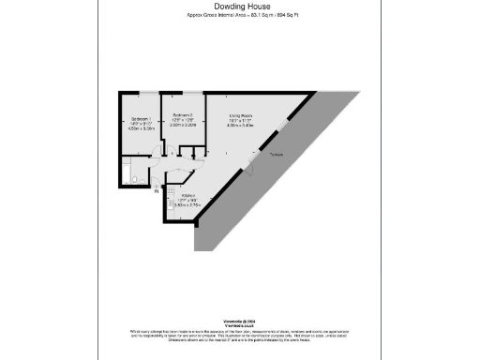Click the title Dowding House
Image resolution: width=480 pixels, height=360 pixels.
[239, 7]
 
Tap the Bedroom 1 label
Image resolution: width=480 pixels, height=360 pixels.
[140, 120]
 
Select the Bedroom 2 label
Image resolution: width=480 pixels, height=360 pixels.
[182, 113]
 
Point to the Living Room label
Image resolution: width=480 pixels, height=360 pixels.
[243, 114]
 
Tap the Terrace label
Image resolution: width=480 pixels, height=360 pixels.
[276, 154]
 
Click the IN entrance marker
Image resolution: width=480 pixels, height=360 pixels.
[143, 192]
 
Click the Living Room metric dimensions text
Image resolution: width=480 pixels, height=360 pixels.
[243, 126]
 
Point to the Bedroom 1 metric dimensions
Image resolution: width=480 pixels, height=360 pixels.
[140, 130]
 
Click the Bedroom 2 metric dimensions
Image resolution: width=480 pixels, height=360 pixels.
[182, 125]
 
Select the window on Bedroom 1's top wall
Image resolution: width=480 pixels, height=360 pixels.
[141, 92]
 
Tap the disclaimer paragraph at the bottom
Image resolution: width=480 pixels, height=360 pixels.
[239, 335]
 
